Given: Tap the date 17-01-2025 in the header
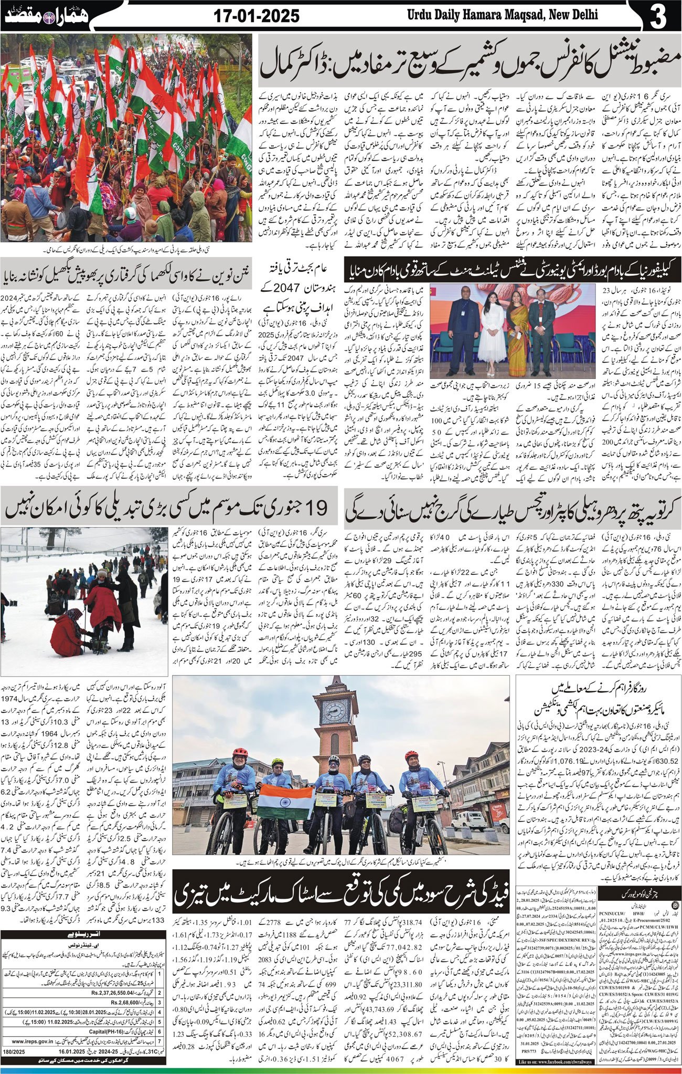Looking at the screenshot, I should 257,16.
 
